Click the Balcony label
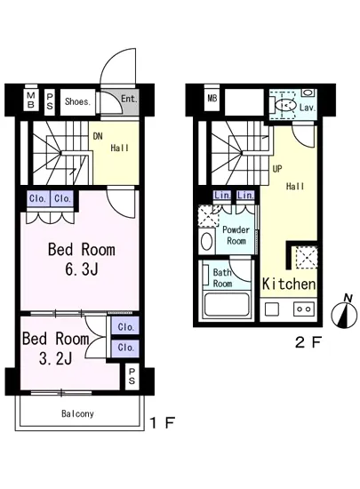coord(77,413)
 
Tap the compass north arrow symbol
coord(344,313)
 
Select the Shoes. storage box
coord(78,102)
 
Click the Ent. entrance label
coord(129,99)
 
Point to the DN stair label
coord(98,136)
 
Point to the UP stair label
coord(277,169)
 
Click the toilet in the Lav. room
coord(286,106)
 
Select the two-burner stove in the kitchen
coord(304,309)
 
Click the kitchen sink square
coord(272,309)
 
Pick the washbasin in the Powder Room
coord(206,241)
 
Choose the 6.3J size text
coord(82,269)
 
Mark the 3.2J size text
coord(55,358)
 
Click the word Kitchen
coord(289,284)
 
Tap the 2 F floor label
coord(308,342)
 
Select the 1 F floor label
coord(163,423)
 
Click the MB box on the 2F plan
coord(212,100)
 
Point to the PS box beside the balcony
coord(132,376)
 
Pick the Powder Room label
coord(236,236)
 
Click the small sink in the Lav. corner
coord(308,92)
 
